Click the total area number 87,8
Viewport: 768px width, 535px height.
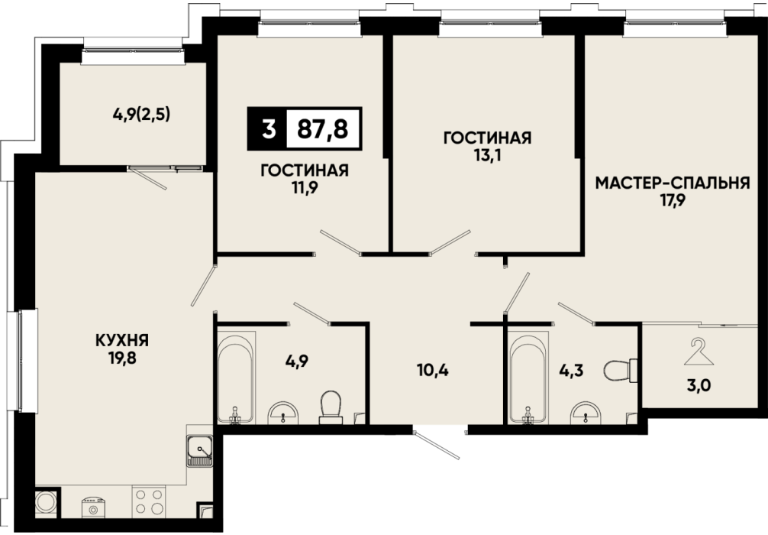pos(323,129)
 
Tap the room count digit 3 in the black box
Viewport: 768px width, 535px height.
pos(268,129)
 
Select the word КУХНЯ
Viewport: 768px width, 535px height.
pos(122,340)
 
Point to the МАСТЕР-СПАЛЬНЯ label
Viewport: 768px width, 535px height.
pos(673,183)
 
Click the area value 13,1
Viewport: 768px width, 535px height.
pos(487,155)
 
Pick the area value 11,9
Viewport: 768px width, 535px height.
pos(305,188)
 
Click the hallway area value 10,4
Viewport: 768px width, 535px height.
pos(433,370)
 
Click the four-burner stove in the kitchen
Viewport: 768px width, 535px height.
pos(148,501)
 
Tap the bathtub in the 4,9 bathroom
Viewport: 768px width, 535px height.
pos(236,377)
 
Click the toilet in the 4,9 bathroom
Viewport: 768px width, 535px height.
pos(331,407)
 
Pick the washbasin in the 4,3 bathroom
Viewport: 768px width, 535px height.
pos(586,413)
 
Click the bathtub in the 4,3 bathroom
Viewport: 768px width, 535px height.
pos(528,377)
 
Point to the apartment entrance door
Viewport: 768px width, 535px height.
pos(437,444)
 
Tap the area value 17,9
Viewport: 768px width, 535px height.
pos(673,200)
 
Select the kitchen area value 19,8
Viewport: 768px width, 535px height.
pos(122,358)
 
